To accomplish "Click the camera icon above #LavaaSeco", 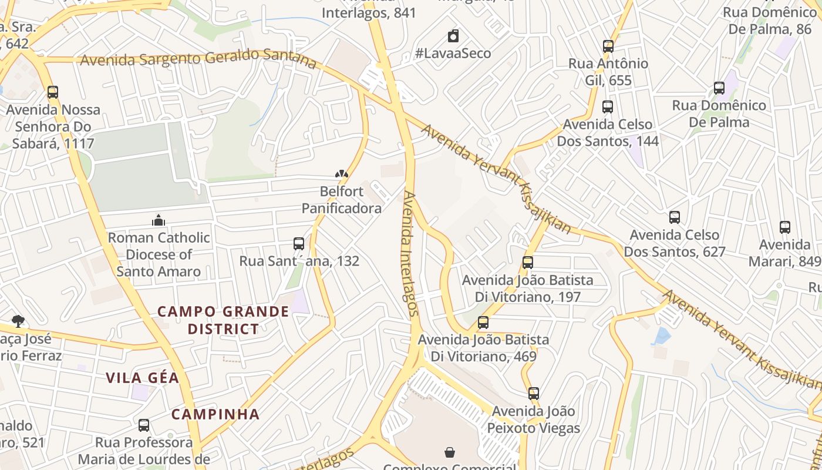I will [453, 36].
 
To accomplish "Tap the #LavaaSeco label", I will [453, 53].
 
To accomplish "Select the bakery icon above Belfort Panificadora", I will [342, 174].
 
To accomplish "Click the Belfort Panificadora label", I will [342, 200].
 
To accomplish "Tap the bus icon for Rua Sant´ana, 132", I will [299, 244].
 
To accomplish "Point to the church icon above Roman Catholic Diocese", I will [159, 220].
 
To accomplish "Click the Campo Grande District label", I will [224, 320].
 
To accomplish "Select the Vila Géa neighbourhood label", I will [143, 378].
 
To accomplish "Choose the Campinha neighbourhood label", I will [215, 414].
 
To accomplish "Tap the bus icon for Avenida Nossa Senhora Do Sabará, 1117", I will [53, 92].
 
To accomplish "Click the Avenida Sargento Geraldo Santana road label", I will [198, 59].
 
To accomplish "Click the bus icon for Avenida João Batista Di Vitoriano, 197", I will [528, 263].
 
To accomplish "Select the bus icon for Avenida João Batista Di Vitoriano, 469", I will [483, 323].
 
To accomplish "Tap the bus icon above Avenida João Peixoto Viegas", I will [534, 394].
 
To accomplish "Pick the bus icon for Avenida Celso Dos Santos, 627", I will [675, 217].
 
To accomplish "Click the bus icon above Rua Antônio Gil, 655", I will [608, 46].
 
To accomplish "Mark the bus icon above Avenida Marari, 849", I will [785, 227].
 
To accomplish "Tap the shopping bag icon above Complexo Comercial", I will [450, 452].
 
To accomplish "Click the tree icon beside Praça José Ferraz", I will [18, 321].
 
